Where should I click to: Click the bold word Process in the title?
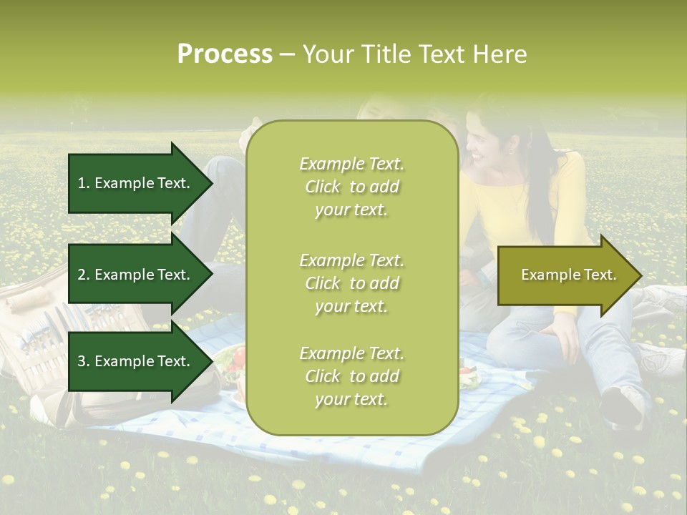(x=225, y=54)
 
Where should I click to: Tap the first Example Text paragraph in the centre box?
(x=351, y=187)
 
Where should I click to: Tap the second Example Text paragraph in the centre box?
(x=351, y=283)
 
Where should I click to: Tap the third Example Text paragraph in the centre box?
(x=351, y=376)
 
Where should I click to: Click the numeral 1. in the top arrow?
(x=84, y=183)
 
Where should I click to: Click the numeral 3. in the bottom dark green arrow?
(x=84, y=361)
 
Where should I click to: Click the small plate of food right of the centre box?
(x=470, y=376)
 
